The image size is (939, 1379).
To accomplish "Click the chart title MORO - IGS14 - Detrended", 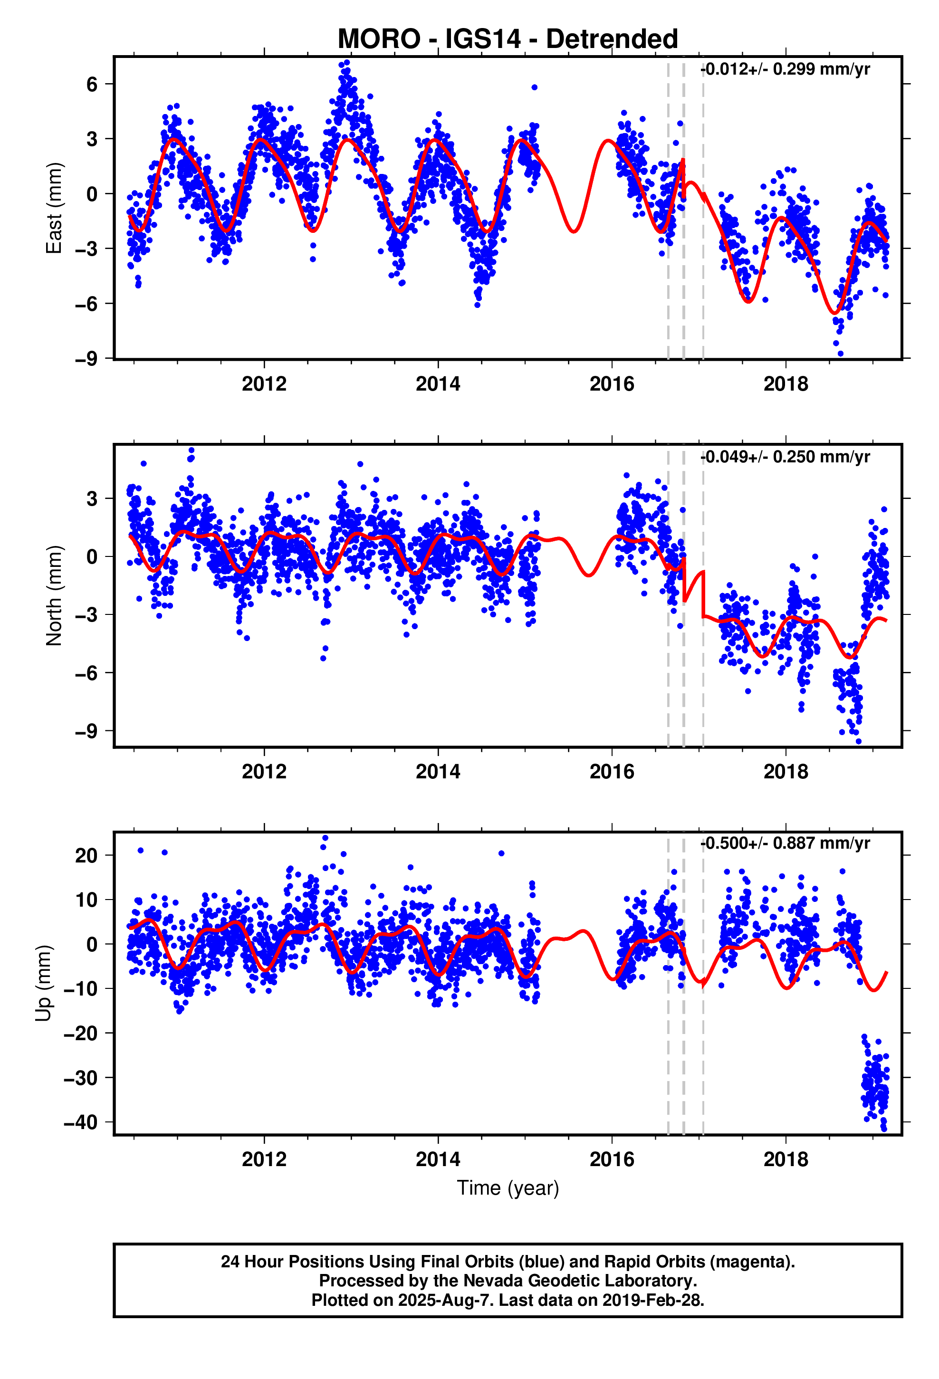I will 507,39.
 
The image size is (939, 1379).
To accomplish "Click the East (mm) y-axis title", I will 54,208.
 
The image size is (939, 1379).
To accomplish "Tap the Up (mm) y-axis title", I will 43,983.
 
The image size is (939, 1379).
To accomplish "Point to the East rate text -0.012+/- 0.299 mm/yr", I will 785,69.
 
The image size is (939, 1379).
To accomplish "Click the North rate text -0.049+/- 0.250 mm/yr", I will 785,457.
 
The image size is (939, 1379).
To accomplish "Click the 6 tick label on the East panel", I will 91,84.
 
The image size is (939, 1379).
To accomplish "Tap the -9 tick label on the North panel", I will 86,731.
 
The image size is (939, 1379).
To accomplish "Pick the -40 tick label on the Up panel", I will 81,1122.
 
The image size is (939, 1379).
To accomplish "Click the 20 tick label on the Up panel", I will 86,856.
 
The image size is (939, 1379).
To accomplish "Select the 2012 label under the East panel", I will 264,384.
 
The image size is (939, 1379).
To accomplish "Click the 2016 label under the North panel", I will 612,771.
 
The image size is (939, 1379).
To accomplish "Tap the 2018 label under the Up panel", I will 785,1159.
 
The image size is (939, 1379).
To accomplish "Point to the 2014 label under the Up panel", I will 438,1159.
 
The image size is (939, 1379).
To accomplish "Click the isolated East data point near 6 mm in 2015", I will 534,87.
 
